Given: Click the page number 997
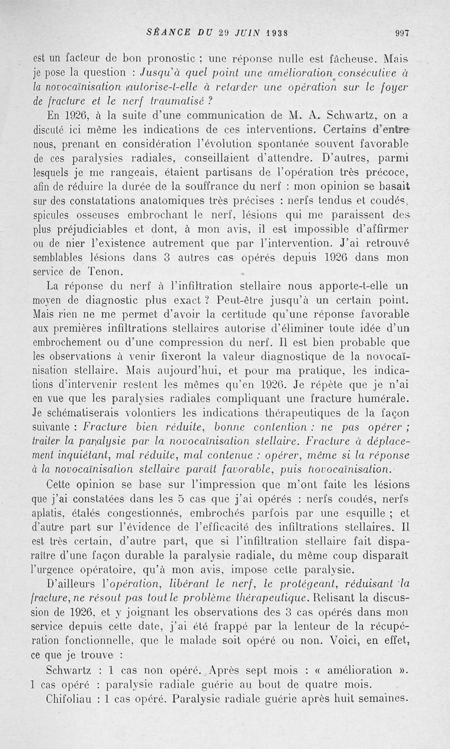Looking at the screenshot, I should click(x=402, y=33).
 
